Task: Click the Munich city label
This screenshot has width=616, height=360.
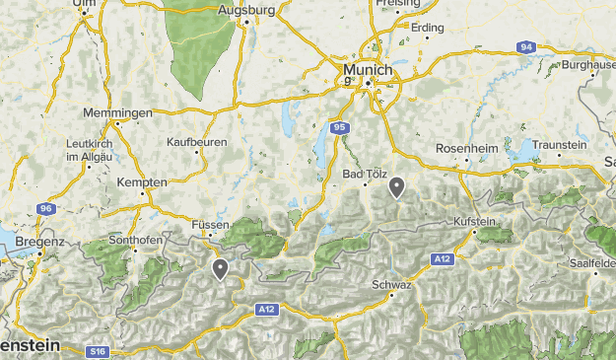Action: point(368,71)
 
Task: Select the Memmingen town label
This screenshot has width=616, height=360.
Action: point(118,112)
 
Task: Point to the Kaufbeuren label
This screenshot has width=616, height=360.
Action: point(197,142)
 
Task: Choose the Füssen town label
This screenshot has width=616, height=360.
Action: point(210,225)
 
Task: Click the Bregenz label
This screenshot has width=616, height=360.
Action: point(40,241)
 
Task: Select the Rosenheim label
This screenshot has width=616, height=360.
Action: point(469,149)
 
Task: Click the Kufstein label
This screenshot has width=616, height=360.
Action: point(474,221)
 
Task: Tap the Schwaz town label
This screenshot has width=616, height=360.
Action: point(391,284)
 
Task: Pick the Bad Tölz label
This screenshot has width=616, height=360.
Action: point(362,174)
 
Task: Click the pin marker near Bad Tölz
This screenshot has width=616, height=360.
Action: point(396,186)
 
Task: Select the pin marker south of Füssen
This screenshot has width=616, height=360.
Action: point(220,267)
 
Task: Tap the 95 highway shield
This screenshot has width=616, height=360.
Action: point(338,127)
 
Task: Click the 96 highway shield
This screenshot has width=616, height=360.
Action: point(46,209)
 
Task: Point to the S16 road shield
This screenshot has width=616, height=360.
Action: point(96,351)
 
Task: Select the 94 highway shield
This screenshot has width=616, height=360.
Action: point(527,46)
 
